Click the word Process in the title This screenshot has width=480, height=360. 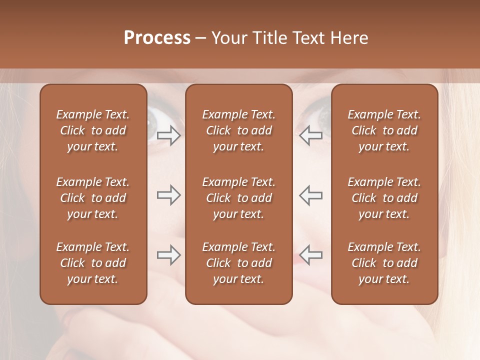pyautogui.click(x=157, y=38)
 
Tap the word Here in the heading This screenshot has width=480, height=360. pyautogui.click(x=348, y=38)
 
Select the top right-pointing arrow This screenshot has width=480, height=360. pyautogui.click(x=168, y=135)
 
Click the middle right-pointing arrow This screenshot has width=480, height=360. pyautogui.click(x=168, y=195)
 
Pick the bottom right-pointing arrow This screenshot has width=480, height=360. pyautogui.click(x=168, y=255)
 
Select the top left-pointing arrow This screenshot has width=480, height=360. pyautogui.click(x=311, y=135)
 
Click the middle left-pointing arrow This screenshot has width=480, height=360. pyautogui.click(x=311, y=195)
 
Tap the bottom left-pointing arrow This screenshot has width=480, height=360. pyautogui.click(x=311, y=255)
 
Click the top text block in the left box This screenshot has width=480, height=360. pyautogui.click(x=93, y=130)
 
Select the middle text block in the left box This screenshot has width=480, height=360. pyautogui.click(x=93, y=198)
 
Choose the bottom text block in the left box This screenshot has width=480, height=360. pyautogui.click(x=93, y=263)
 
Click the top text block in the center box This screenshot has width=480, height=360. pyautogui.click(x=238, y=130)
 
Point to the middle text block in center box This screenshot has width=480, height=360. pyautogui.click(x=238, y=198)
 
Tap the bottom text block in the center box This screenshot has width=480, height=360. pyautogui.click(x=238, y=263)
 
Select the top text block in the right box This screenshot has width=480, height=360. pyautogui.click(x=384, y=130)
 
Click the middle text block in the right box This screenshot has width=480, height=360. pyautogui.click(x=384, y=198)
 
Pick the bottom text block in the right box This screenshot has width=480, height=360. pyautogui.click(x=384, y=263)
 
